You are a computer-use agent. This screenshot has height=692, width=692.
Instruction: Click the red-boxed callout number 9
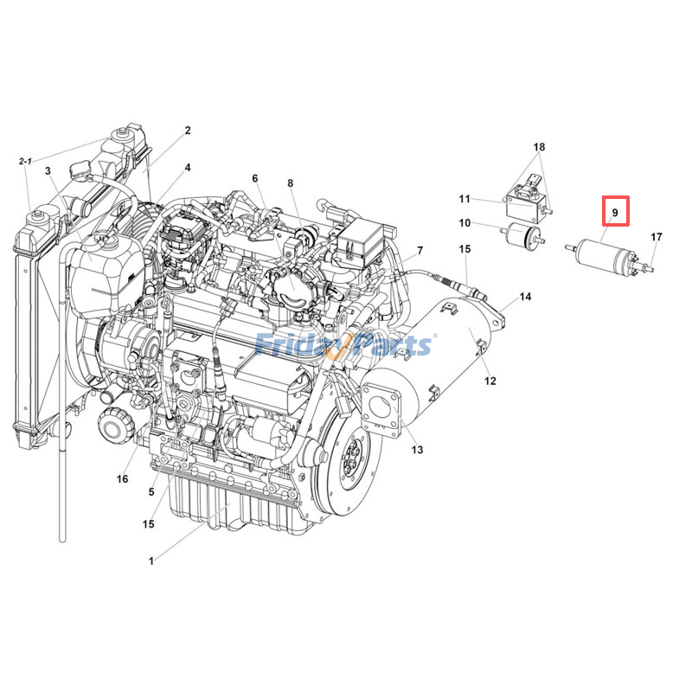point(615,211)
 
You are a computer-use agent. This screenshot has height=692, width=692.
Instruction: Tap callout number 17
point(657,237)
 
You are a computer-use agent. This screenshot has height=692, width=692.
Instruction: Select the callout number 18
point(539,148)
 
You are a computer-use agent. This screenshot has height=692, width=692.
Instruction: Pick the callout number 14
point(525,298)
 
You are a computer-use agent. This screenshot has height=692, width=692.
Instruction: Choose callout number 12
point(490,381)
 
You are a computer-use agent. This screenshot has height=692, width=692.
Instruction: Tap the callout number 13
point(417,450)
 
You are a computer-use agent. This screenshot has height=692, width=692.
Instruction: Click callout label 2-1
point(25,162)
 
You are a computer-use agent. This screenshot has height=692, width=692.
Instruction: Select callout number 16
point(122,479)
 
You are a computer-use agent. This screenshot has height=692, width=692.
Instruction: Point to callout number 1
point(151,561)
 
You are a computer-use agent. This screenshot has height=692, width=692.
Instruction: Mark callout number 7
point(420,251)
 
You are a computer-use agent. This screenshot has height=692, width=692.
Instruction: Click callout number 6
point(255,178)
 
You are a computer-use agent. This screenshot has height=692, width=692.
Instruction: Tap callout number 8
point(291,183)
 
